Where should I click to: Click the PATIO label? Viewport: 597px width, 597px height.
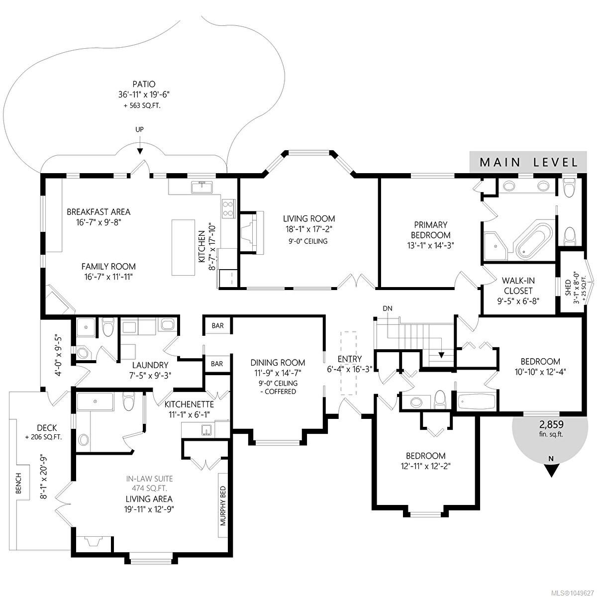coord(144,84)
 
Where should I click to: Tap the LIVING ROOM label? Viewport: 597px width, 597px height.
coord(309,218)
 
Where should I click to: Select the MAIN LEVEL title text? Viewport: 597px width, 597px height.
coord(529,162)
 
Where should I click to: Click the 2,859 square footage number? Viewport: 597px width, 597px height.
coord(551,424)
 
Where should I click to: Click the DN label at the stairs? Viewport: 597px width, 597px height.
coord(388,308)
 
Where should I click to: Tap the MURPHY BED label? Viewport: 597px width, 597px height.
coord(223,505)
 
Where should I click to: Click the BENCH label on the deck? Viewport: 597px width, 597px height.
coord(18,483)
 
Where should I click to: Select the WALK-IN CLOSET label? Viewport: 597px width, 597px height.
coord(518,286)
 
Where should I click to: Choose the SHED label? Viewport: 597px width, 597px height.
coord(568,288)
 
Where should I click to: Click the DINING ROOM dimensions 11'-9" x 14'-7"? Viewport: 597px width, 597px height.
coord(278,372)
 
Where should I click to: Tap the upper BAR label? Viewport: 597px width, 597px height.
coord(218,325)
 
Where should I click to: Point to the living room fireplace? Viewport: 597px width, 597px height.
coord(252,232)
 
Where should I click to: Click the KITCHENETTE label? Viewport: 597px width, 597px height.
coord(189,404)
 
